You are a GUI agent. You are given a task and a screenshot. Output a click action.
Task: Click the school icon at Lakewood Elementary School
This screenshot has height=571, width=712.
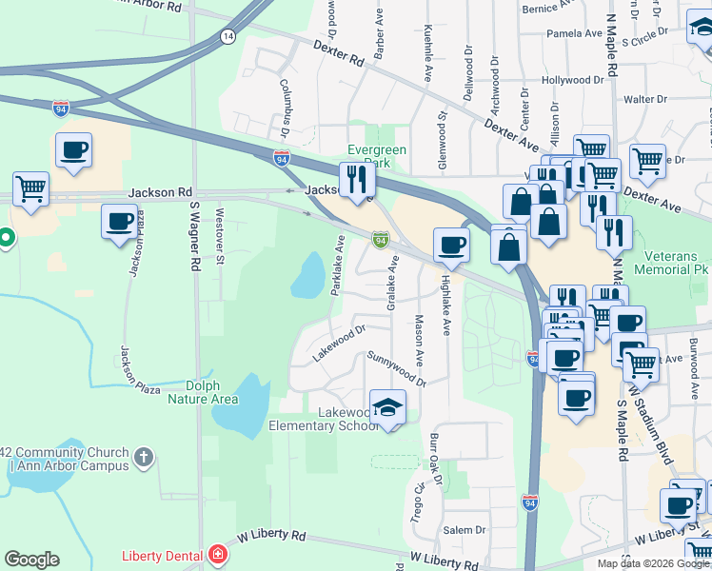(387, 407)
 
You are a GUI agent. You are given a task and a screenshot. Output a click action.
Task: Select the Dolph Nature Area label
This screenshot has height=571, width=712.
(203, 392)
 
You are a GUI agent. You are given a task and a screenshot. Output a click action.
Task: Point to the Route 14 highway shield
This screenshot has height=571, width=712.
(227, 36)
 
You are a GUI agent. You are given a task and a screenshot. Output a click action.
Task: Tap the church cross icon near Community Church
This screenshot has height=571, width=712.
(144, 458)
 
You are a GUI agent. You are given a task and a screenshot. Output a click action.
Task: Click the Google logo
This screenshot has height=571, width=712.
(31, 559)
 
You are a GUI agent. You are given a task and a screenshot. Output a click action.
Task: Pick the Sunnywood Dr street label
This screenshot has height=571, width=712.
(396, 368)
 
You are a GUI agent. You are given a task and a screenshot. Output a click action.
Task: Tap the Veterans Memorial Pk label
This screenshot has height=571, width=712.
(668, 263)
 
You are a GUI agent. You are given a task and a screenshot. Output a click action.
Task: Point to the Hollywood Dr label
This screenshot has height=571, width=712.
(572, 81)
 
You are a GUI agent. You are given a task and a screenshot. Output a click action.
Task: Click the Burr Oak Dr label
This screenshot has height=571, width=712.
(436, 459)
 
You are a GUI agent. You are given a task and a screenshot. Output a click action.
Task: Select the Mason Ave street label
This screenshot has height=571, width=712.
(418, 342)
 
